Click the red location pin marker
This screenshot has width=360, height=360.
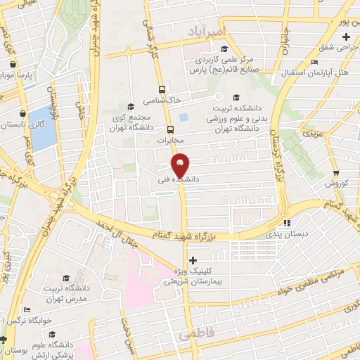181,166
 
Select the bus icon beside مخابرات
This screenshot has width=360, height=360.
171,129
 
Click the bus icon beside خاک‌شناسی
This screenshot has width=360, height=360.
162,89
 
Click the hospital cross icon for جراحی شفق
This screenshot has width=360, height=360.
346,36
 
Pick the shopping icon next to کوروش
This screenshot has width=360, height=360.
336,172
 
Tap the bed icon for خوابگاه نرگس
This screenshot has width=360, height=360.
26,309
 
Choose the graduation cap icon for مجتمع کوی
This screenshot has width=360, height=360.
132,105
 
